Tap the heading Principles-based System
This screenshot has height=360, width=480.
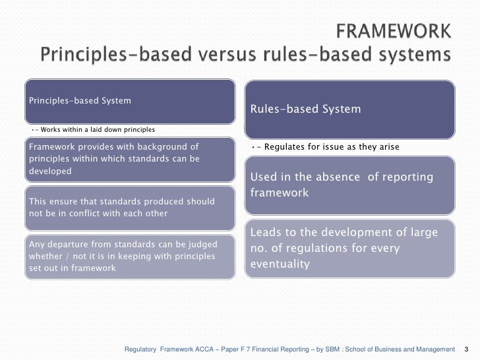click(79, 101)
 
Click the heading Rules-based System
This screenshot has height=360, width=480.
click(305, 109)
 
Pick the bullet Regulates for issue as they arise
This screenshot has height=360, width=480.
click(328, 146)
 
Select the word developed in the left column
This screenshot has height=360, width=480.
click(49, 170)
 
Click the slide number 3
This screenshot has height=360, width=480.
click(467, 349)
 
